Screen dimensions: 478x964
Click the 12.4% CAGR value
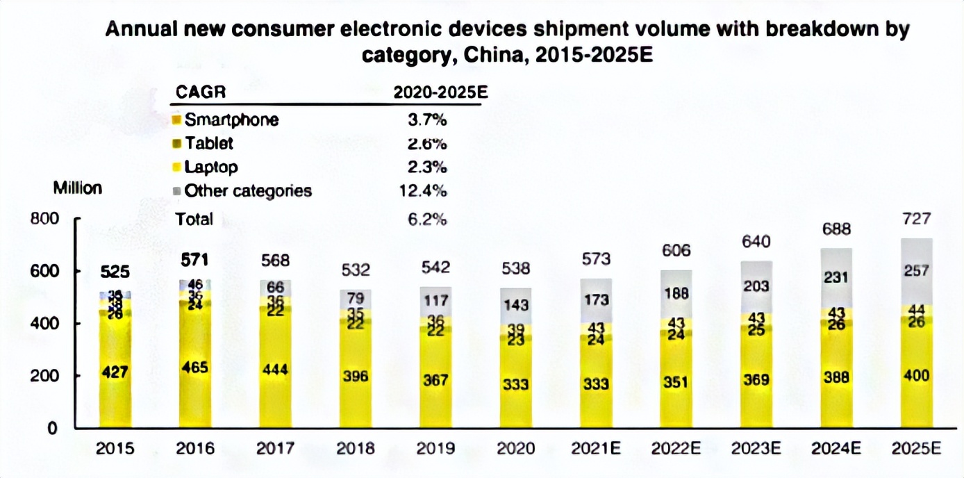427,190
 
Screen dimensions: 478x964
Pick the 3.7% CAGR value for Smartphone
427,119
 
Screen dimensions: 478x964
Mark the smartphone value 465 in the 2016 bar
194,368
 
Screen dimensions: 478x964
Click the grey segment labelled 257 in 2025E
916,271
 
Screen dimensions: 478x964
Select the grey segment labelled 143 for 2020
515,304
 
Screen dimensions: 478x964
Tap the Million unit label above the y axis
77,188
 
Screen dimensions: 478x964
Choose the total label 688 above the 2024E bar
836,229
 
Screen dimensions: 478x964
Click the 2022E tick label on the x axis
676,448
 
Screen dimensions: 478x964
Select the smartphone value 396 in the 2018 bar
355,376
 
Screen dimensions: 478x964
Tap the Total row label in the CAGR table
194,219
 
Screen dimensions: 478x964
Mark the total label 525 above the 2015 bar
115,272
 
